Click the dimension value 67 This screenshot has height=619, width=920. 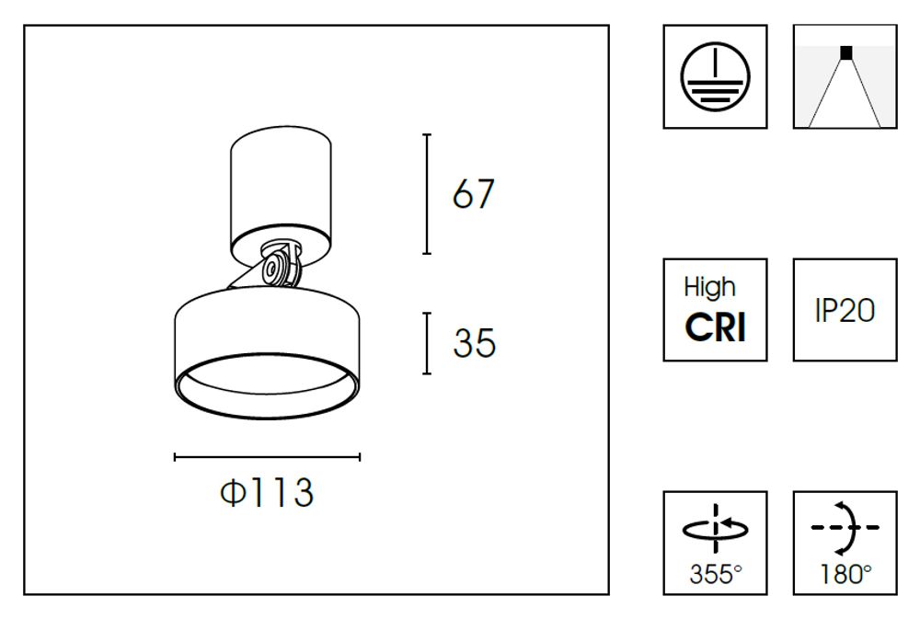(474, 194)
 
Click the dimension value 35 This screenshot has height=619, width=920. (474, 343)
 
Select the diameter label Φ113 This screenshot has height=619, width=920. (267, 494)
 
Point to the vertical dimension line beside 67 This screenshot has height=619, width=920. (427, 193)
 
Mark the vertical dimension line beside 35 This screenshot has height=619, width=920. (427, 343)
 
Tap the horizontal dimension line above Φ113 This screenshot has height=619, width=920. (267, 456)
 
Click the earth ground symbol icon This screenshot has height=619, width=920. (715, 76)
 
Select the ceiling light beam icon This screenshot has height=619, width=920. (845, 77)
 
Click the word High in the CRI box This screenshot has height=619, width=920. (709, 288)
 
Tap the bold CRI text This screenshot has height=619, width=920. (715, 327)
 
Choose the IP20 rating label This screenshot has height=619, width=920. (845, 311)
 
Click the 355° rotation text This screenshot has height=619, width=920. (715, 575)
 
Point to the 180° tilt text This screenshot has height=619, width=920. (845, 575)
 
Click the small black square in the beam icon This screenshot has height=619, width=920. (845, 52)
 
